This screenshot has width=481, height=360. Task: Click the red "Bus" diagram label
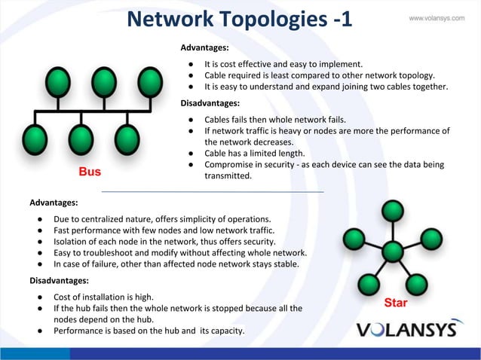click(90, 172)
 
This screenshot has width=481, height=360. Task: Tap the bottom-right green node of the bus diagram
click(127, 139)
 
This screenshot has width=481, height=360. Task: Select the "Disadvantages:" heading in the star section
click(60, 280)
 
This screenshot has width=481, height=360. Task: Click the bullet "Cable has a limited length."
click(254, 153)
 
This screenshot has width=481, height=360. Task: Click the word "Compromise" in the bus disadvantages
click(231, 164)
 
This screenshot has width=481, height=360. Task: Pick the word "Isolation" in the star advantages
click(73, 242)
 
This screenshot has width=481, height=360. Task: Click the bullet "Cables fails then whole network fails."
click(275, 119)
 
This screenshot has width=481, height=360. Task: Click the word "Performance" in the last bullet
click(80, 331)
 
